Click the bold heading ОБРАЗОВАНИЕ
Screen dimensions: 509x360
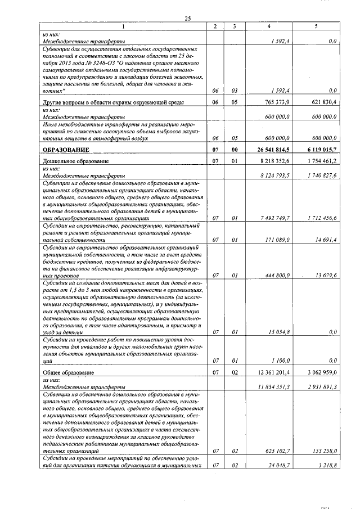pos(66,150)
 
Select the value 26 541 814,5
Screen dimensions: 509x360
pos(273,150)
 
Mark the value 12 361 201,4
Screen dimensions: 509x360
pos(274,373)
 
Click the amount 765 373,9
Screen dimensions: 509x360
pos(277,102)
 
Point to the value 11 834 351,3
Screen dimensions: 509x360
pos(274,388)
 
